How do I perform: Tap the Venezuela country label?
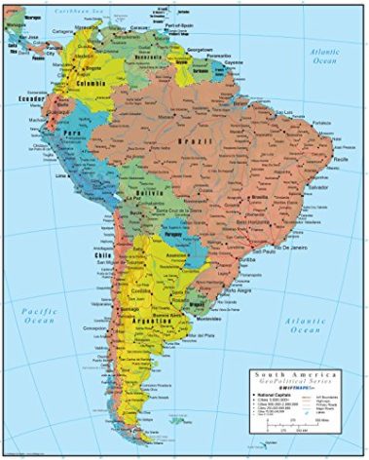[x=148, y=59]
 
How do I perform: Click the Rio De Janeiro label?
[x=297, y=249]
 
